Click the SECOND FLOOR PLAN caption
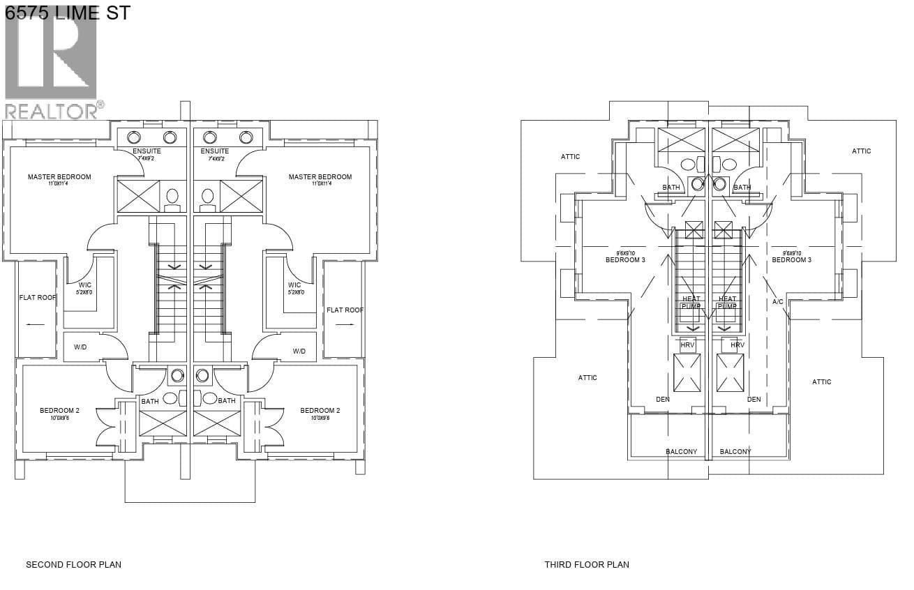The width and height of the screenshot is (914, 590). (73, 564)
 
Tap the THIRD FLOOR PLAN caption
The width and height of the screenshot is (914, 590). (587, 564)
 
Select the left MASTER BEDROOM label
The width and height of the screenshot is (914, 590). (59, 177)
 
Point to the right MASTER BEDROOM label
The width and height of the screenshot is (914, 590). (320, 177)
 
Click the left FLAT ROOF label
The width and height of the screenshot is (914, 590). (38, 298)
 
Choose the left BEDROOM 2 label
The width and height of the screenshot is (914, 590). (59, 411)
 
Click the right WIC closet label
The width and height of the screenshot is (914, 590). (294, 285)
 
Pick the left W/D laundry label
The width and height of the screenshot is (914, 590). (80, 347)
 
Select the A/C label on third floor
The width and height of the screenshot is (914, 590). (778, 302)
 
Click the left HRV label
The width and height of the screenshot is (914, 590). (687, 345)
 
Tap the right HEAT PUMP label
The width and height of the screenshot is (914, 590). (727, 303)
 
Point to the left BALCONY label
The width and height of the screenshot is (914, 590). (681, 452)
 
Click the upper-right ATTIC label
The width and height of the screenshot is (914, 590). (861, 151)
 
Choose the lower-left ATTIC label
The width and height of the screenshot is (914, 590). (587, 378)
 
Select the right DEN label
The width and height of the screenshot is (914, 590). (754, 400)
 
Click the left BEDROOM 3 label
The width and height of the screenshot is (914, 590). (625, 260)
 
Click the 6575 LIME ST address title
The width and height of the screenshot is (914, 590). (67, 12)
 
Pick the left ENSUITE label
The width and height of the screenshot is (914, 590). (147, 151)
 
